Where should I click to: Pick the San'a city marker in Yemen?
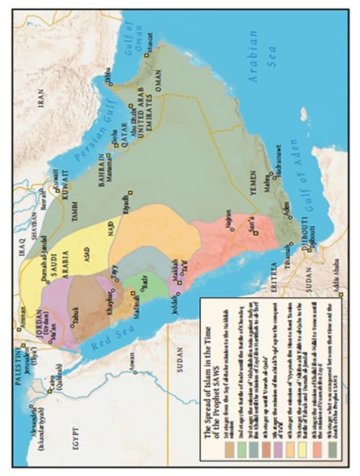(x=255, y=233)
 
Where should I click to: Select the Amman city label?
(x=20, y=325)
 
